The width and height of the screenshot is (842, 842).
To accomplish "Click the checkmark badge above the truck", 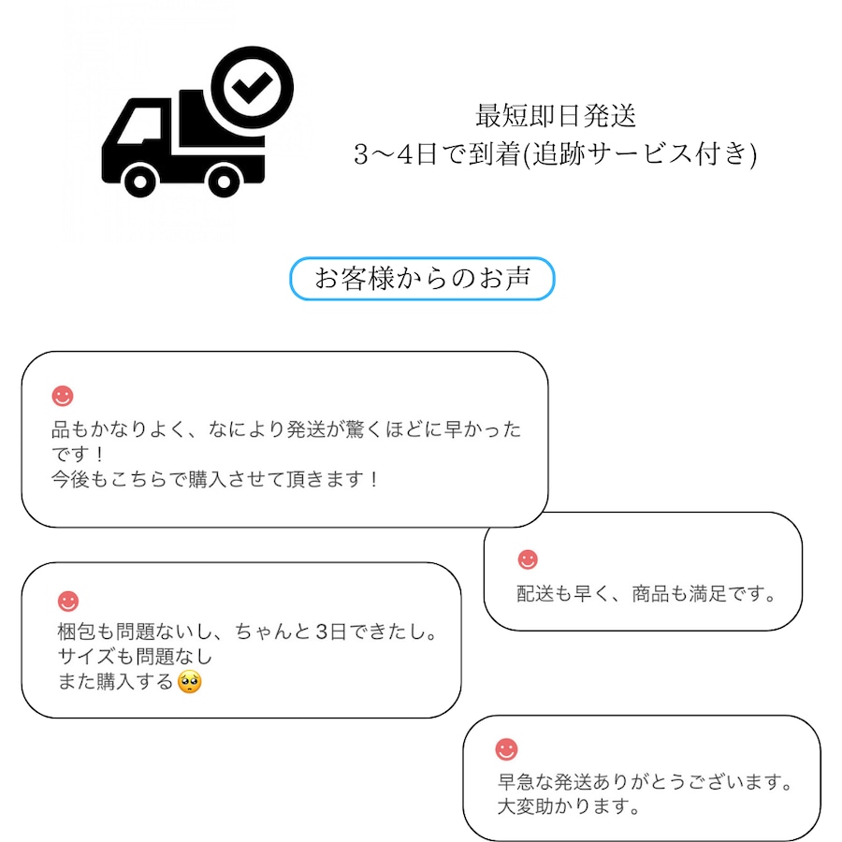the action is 252,88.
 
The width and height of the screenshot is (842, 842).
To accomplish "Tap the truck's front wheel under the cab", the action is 140,181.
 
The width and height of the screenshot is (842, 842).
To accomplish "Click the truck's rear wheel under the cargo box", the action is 224,181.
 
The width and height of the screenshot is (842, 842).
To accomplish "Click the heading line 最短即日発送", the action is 556,116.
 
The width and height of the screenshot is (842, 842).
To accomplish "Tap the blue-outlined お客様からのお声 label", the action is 422,278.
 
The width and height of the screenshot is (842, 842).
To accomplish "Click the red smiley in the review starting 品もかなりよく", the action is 63,396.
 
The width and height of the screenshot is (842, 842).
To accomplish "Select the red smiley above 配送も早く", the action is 528,559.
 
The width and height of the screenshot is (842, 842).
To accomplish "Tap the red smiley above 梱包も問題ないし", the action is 68,601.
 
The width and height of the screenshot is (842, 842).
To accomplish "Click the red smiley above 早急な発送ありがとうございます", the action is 506,749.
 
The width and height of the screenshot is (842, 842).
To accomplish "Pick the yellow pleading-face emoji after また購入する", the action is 190,682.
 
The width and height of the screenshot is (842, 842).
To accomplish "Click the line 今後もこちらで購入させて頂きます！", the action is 215,479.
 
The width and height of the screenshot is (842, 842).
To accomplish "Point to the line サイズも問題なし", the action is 135,656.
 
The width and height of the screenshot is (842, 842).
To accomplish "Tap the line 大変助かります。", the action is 569,806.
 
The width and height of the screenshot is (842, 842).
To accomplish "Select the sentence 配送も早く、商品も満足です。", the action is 646,594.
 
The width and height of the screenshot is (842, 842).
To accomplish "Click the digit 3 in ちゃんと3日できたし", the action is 322,631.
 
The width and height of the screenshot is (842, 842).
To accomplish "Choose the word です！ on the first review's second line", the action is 78,455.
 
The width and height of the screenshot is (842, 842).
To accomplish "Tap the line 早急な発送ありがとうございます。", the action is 645,782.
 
